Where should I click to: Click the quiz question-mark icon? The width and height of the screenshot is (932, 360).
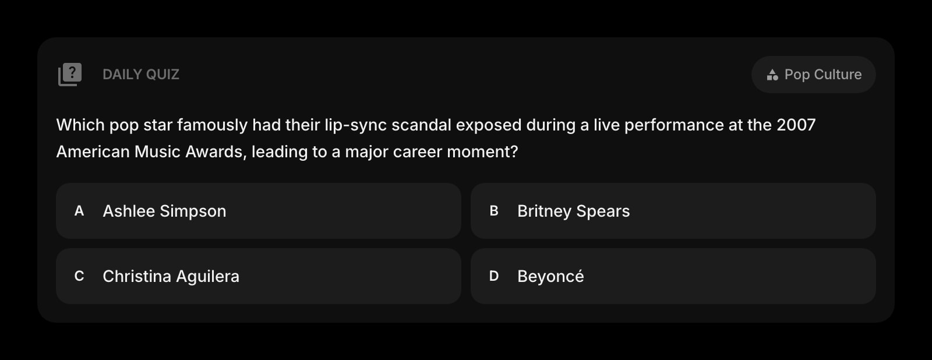click(x=70, y=75)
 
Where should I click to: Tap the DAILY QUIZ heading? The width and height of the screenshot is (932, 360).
click(x=140, y=75)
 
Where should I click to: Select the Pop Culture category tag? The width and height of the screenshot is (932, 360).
click(x=813, y=75)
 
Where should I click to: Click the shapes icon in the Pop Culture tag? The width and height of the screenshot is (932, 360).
click(x=772, y=75)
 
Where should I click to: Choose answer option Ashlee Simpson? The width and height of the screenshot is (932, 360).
click(x=259, y=211)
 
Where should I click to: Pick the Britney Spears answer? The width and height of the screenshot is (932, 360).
click(x=673, y=211)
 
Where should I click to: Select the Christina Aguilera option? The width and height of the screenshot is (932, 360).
click(x=259, y=276)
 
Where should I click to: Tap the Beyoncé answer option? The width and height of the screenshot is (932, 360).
click(x=673, y=276)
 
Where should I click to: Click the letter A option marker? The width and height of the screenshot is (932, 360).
click(x=79, y=211)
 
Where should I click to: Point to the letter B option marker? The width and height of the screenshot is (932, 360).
click(x=494, y=211)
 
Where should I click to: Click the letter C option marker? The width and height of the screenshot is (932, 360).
click(x=79, y=276)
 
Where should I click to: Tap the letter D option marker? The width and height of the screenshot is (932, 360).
click(x=494, y=276)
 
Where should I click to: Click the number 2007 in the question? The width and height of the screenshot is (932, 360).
click(x=796, y=125)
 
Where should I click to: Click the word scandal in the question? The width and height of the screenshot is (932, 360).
click(x=421, y=125)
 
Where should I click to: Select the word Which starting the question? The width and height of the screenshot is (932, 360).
click(x=80, y=125)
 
